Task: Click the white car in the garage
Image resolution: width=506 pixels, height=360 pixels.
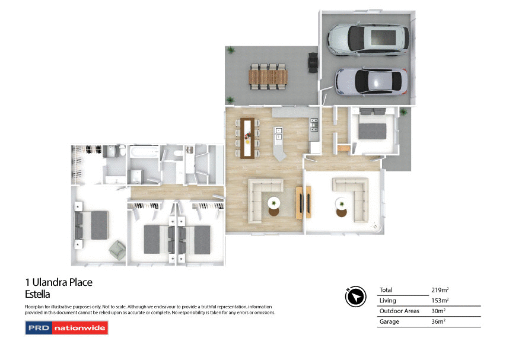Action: (368, 39)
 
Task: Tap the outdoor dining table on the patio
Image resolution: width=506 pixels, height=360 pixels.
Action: (268, 76)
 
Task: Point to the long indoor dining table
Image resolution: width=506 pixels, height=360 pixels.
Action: (248, 137)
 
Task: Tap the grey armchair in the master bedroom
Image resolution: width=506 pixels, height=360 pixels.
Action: (117, 250)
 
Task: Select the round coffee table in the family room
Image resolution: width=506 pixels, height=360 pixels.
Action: (273, 203)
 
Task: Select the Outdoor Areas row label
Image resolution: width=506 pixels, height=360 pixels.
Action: (399, 311)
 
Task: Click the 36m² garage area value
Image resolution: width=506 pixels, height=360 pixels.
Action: (438, 322)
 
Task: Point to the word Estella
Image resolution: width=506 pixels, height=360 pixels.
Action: (37, 294)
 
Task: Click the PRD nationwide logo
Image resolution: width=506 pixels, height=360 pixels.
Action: (66, 327)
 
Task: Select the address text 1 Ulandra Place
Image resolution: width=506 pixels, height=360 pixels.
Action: (58, 282)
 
